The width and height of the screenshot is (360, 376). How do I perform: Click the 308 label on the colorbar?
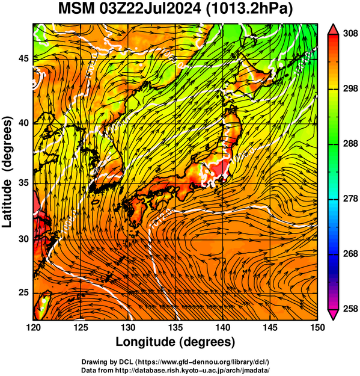coord(350,34)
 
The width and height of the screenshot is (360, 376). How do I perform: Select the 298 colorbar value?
coord(350,88)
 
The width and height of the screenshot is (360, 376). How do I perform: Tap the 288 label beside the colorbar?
coord(350,144)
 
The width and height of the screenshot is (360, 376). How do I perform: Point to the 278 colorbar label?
coord(350,199)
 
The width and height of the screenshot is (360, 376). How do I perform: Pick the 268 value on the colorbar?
coord(350,254)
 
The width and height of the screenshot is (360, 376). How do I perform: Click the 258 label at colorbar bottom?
coord(350,309)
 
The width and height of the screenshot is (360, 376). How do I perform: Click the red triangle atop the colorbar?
coord(333,30)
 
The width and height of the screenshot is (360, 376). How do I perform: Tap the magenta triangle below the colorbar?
coord(333,315)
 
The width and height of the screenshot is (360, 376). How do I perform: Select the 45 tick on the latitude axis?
coord(23,58)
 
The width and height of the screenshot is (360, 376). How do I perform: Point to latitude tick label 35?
coord(23,183)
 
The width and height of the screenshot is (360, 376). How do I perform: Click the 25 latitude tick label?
coord(23,293)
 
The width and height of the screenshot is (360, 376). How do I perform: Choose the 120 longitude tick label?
coord(33,327)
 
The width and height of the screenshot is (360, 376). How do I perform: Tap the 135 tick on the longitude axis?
coord(176,327)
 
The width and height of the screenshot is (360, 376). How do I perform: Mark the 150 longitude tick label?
coord(317,327)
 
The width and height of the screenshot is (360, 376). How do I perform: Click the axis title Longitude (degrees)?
coord(175,342)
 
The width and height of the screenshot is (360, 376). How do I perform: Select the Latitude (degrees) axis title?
coord(7,172)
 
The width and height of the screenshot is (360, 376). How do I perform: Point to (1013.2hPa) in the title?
coord(249,9)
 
